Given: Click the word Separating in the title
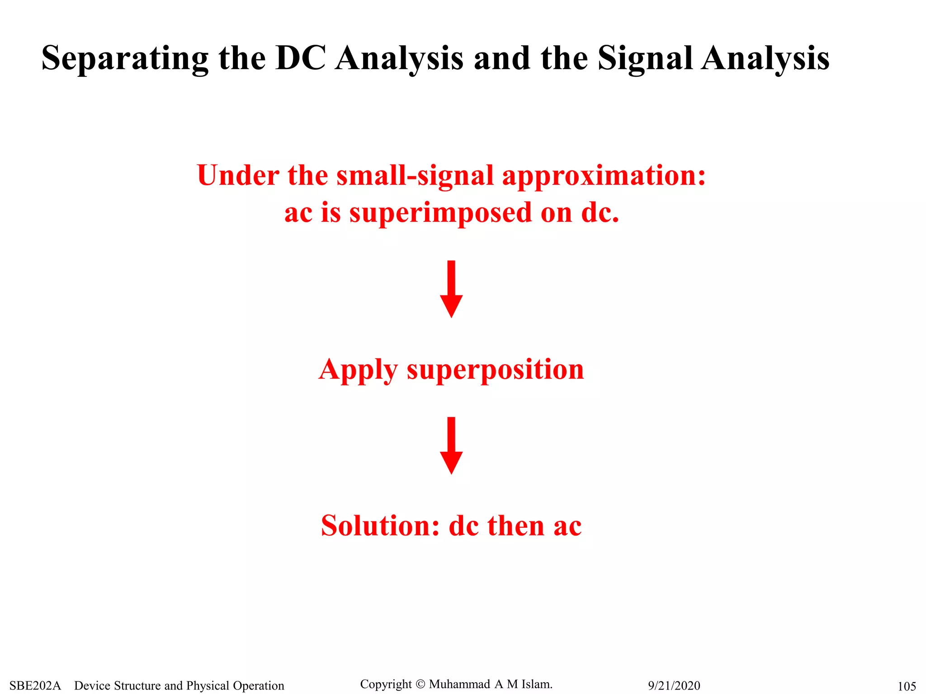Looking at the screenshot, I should pos(125,59).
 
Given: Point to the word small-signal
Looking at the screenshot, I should pos(415,176).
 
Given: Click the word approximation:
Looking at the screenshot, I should pos(604,176).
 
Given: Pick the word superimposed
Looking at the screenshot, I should pos(441,213).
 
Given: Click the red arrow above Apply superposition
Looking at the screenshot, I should pos(451,289).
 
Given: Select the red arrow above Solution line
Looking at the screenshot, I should pos(451,445).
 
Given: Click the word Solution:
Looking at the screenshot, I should pos(380,526).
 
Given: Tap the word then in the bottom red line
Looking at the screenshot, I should pos(516,526).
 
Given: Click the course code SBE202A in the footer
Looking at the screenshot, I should pos(35,686).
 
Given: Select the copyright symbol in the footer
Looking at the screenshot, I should pos(420,685).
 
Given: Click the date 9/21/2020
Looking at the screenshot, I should pos(674,686).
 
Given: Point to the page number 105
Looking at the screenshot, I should pos(907,687).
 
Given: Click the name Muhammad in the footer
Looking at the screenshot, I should pos(459,685).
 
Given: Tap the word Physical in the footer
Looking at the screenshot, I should pos(208,686).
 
